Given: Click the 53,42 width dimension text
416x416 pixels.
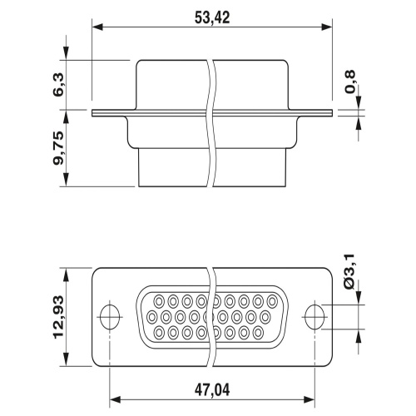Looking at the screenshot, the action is tap(212, 17).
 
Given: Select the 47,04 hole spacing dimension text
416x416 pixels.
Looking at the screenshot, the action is tap(212, 390).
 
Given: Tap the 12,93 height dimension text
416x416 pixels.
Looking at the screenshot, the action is tap(58, 316).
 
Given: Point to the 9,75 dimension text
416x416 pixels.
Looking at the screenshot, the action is tap(58, 148).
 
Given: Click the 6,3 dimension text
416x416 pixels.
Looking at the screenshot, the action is tap(58, 85).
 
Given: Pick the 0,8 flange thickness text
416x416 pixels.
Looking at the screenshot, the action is tap(349, 82).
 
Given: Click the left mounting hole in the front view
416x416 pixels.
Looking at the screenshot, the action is tap(110, 317).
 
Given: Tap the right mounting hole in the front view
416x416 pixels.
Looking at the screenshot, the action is tap(314, 317).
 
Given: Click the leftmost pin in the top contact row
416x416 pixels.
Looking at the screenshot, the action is tap(159, 301).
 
